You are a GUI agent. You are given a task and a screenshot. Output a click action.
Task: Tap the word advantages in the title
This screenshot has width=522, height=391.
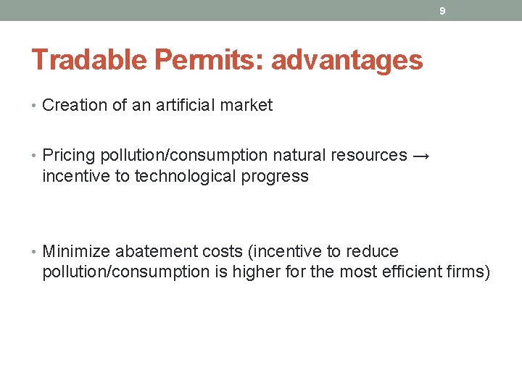pyautogui.click(x=347, y=60)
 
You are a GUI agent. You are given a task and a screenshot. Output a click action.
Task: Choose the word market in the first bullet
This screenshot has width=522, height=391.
pyautogui.click(x=247, y=106)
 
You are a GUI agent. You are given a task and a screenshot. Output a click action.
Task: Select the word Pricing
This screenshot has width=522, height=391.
pyautogui.click(x=69, y=156)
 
